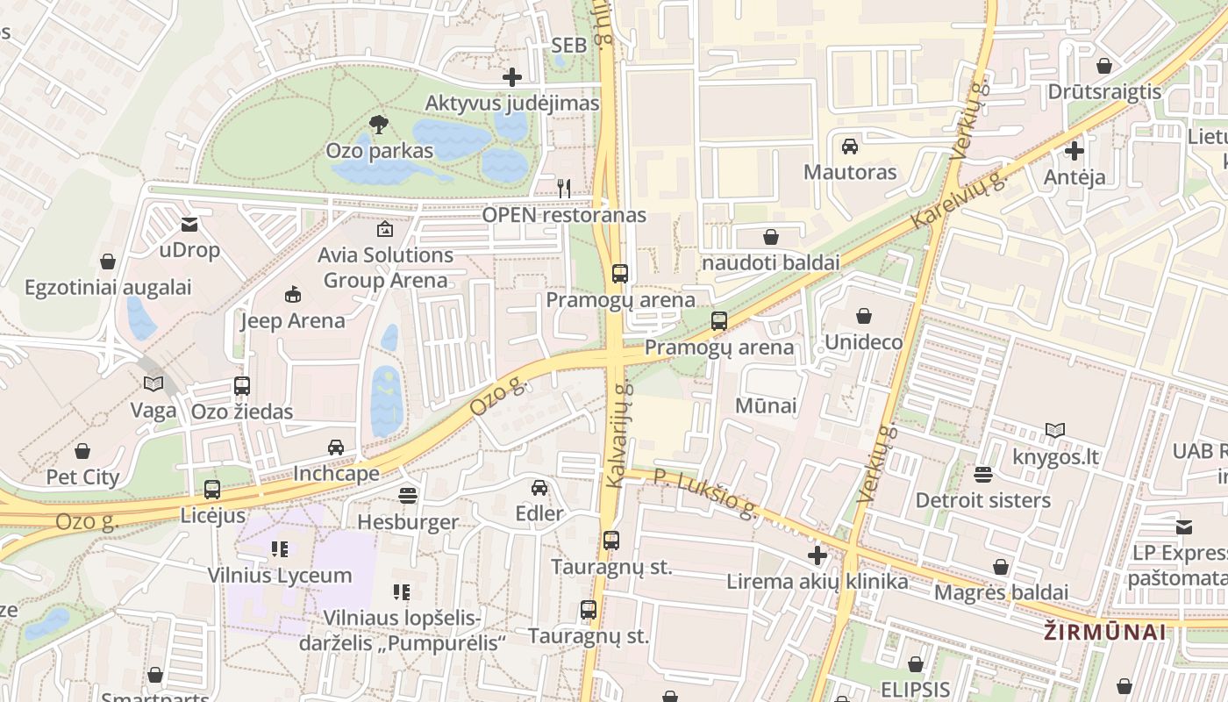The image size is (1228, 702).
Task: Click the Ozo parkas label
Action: [379, 151]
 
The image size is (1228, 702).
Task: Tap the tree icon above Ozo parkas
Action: [379, 124]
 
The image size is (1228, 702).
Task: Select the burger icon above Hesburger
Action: [407, 496]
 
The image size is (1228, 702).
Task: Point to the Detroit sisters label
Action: [982, 500]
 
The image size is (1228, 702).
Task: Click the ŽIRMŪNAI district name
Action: [1105, 632]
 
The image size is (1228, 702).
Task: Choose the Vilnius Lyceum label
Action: [279, 576]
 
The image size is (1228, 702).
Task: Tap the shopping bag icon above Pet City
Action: [82, 451]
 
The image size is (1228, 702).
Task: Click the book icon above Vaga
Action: [153, 384]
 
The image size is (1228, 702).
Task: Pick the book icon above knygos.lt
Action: [1055, 430]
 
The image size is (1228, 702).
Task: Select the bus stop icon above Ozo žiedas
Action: [242, 385]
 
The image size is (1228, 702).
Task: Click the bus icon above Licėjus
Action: [212, 490]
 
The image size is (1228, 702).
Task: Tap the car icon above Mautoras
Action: [849, 146]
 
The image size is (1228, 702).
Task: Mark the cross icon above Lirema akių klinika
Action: [817, 555]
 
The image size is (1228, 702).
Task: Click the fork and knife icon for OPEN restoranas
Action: [564, 188]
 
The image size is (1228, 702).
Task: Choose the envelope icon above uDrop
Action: [189, 225]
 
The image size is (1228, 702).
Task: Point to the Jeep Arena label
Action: [293, 321]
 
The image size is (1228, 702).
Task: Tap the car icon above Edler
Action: [539, 487]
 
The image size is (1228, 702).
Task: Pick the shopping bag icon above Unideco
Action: [863, 316]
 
